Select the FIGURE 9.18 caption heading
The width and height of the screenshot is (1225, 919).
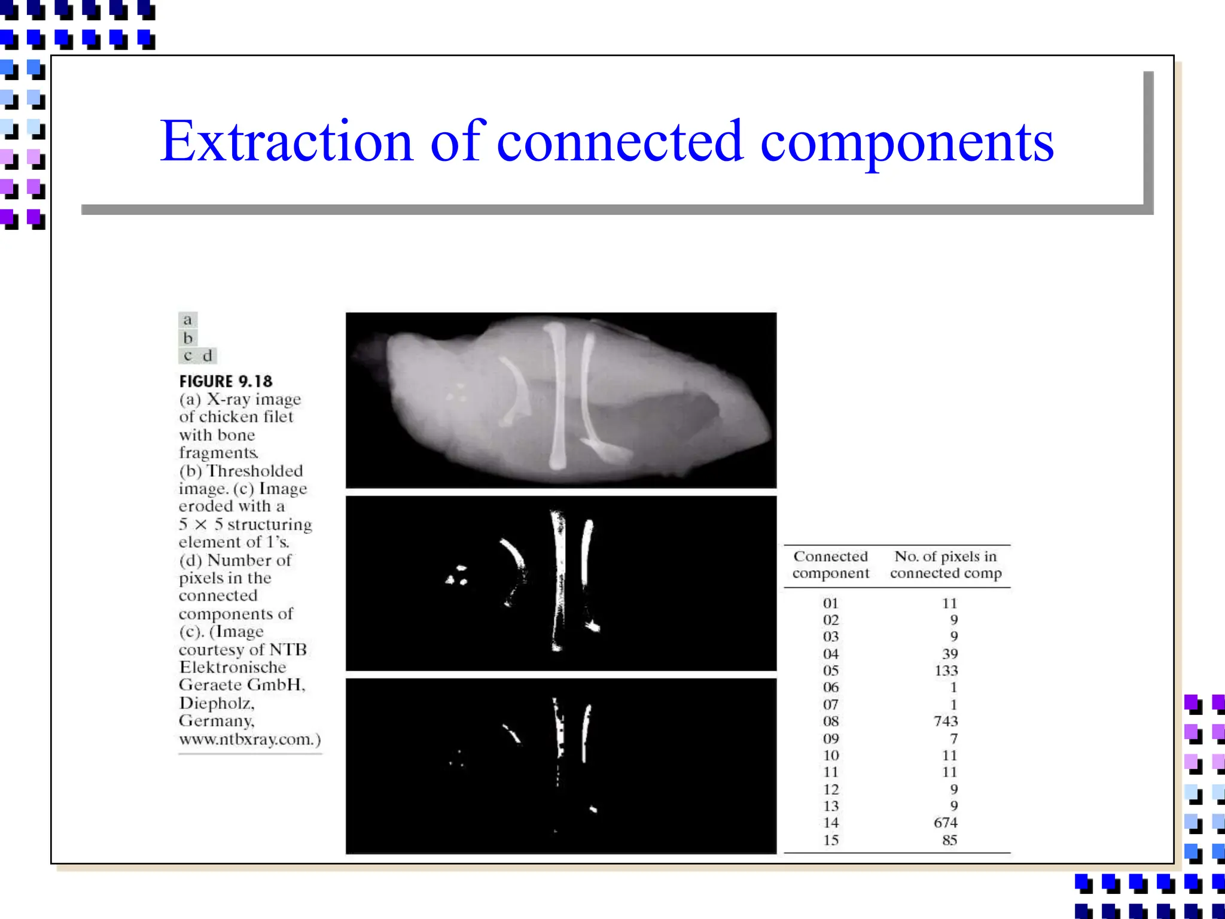coord(226,381)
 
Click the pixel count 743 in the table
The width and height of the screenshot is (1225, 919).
coord(946,721)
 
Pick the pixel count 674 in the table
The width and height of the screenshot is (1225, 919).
coord(946,823)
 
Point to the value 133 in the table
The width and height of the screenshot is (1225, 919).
coord(946,670)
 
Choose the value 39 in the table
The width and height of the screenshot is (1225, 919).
coord(950,653)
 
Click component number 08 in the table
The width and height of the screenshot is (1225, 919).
coord(831,721)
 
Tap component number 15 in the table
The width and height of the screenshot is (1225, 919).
coord(831,840)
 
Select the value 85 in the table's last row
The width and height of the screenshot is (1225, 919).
coord(950,840)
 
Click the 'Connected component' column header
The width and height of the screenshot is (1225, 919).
coord(831,564)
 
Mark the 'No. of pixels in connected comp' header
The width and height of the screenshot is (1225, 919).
coord(946,564)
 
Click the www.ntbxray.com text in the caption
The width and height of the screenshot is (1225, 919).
coord(249,740)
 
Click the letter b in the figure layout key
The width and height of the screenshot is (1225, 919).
coord(188,338)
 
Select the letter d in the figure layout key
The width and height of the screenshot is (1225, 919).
coord(207,355)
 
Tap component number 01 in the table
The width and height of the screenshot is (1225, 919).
coord(831,603)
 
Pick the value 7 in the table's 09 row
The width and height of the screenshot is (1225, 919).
coord(954,738)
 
